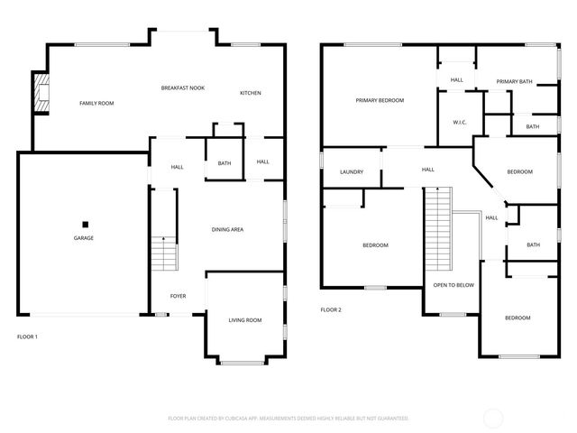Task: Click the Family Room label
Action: click(x=96, y=104)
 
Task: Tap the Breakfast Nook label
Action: click(x=183, y=88)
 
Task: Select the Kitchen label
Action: click(x=250, y=94)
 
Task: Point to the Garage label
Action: click(x=84, y=238)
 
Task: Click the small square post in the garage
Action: click(x=85, y=224)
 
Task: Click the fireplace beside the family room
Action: click(x=41, y=93)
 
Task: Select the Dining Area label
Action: click(x=227, y=230)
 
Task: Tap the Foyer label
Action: click(x=179, y=295)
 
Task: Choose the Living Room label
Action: click(x=244, y=320)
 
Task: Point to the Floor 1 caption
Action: click(x=28, y=336)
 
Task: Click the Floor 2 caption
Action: click(x=331, y=309)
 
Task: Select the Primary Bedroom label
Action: click(x=379, y=100)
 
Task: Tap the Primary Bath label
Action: click(x=514, y=82)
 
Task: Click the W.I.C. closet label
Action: click(x=458, y=123)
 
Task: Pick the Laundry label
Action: click(x=352, y=172)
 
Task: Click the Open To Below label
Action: click(x=453, y=285)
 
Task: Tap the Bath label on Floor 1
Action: click(x=224, y=163)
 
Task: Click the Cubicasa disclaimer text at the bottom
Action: click(x=288, y=419)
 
